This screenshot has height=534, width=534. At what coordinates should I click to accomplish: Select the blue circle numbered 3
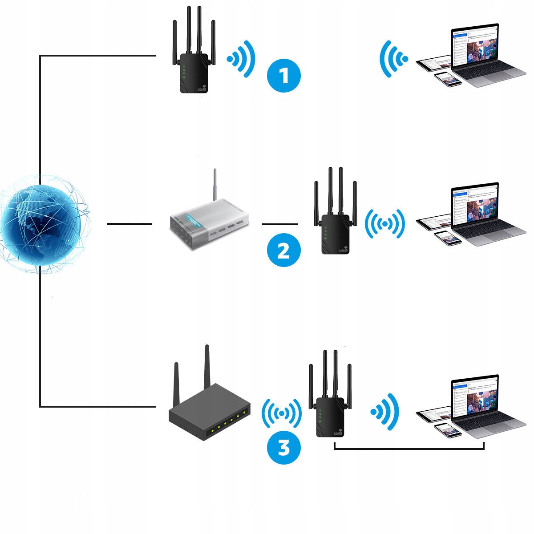coord(283,447)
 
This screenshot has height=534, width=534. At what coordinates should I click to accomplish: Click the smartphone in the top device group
coord(448,79)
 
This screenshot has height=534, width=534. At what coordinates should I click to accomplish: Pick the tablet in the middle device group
coord(434,222)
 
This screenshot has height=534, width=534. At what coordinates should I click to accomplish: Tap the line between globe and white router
coord(129,224)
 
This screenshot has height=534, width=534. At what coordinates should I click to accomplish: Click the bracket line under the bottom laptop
coord(409,449)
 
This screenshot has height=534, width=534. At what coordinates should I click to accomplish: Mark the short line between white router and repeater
coord(280,224)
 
